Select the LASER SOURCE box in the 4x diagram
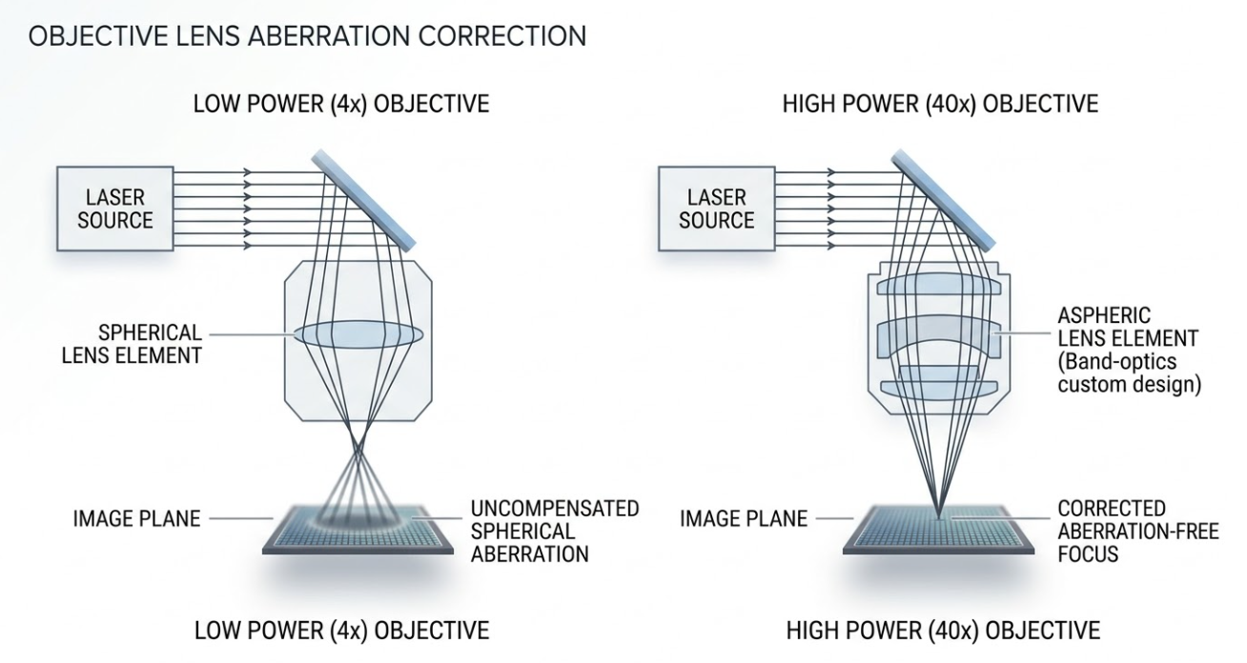115,209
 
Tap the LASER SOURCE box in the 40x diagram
716,209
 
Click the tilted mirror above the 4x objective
366,201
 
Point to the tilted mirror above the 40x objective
944,201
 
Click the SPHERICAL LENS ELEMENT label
150,344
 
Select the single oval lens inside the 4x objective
358,334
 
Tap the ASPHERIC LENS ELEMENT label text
1127,327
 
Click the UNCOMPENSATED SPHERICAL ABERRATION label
554,531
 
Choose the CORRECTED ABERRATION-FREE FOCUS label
1137,531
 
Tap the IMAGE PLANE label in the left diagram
136,519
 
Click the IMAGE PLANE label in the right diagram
743,519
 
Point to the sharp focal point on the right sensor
940,517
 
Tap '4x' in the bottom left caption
347,631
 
